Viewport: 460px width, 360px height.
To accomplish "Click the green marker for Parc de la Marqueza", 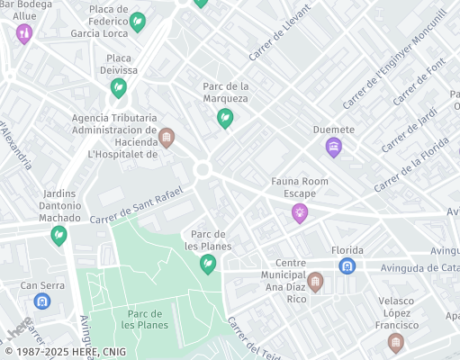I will tap(225, 118).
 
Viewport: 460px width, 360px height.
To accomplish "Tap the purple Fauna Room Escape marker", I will tap(300, 213).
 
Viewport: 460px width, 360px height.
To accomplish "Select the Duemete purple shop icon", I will tap(334, 147).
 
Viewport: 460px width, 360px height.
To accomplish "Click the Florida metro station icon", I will tap(347, 265).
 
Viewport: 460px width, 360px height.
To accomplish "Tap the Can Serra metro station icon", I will tap(41, 301).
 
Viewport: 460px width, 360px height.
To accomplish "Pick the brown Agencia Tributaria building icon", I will tap(166, 138).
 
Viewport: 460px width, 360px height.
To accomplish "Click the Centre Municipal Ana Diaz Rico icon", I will tap(315, 283).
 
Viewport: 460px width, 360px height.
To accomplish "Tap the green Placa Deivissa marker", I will tap(118, 87).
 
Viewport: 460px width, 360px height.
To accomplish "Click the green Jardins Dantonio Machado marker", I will tap(59, 235).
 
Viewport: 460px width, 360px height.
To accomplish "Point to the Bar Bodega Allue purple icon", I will tap(24, 34).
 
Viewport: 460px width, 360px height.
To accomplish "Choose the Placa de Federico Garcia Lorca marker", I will tap(137, 22).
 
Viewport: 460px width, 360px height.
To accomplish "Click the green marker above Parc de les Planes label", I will tap(208, 264).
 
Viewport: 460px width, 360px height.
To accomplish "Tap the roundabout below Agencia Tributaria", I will tap(202, 169).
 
